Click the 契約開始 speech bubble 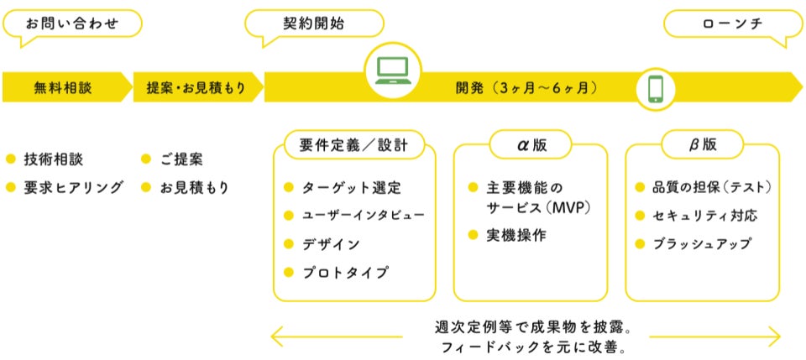tap(314, 23)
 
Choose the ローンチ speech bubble tap(733, 23)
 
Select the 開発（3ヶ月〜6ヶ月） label tap(527, 87)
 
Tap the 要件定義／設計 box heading tap(353, 145)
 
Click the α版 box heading tap(531, 145)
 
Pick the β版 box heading tap(703, 145)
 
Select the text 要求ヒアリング tap(74, 187)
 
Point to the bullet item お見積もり tap(194, 187)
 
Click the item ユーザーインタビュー tap(363, 216)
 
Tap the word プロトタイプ tap(346, 272)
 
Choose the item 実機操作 tap(516, 236)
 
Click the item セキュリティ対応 tap(705, 216)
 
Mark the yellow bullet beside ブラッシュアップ tap(641, 244)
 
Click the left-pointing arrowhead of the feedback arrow tap(275, 337)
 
